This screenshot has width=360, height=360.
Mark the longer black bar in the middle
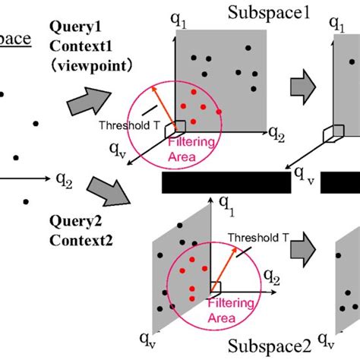[x=226, y=183]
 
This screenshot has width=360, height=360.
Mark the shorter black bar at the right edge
[x=340, y=183]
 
